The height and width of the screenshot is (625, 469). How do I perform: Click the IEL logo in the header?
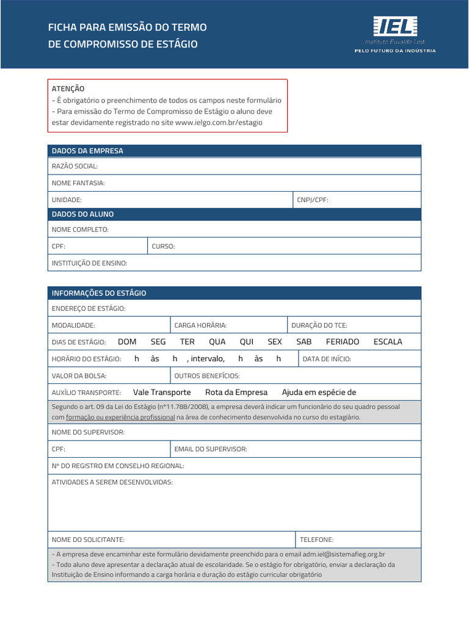(x=395, y=27)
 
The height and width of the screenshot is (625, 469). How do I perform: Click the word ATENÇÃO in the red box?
(x=68, y=89)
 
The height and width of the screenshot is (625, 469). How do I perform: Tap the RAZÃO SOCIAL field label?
(x=75, y=166)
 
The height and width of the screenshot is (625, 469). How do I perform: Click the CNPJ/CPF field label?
(x=313, y=200)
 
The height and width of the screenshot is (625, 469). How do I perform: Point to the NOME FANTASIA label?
(x=78, y=182)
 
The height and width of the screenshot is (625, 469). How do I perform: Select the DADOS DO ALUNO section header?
(x=82, y=214)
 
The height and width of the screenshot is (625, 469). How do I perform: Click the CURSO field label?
(x=163, y=247)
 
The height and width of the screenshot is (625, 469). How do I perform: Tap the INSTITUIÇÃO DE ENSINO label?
(x=89, y=263)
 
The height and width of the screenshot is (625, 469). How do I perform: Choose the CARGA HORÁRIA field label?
(x=200, y=325)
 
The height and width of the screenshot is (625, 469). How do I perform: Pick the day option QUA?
(x=217, y=342)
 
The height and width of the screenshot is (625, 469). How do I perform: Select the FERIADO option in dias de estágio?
(x=342, y=342)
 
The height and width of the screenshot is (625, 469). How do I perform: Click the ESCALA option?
(x=388, y=342)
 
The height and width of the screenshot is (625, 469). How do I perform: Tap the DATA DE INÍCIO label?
(x=327, y=359)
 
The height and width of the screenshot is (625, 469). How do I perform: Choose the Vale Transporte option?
(x=162, y=392)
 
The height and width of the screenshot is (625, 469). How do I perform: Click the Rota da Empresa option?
(x=236, y=392)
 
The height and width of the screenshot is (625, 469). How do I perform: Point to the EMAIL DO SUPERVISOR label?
(x=211, y=449)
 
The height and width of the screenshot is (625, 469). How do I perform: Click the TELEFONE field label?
(x=316, y=540)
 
